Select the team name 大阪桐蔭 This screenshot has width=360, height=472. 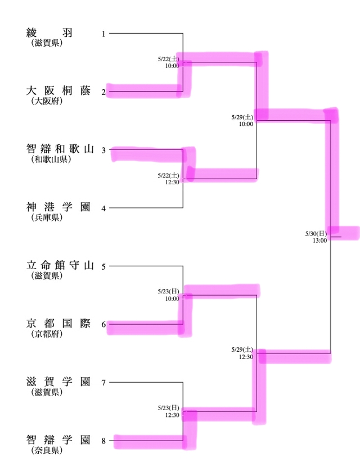pyautogui.click(x=58, y=91)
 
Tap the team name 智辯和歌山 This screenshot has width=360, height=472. pyautogui.click(x=60, y=149)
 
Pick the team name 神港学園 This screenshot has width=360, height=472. pyautogui.click(x=58, y=207)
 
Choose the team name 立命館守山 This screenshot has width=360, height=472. pyautogui.click(x=60, y=266)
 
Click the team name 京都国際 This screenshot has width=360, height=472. pyautogui.click(x=58, y=324)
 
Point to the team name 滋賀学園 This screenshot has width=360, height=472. pyautogui.click(x=58, y=383)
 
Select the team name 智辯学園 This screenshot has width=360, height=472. pyautogui.click(x=58, y=441)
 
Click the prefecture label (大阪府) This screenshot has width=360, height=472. pyautogui.click(x=47, y=102)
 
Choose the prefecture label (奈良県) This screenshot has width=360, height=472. pyautogui.click(x=47, y=451)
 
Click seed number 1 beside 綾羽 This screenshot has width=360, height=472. pyautogui.click(x=103, y=34)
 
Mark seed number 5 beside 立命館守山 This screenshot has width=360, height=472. pyautogui.click(x=103, y=266)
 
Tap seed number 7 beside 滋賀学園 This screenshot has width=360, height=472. pyautogui.click(x=103, y=383)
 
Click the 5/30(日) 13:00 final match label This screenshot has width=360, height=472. pyautogui.click(x=316, y=237)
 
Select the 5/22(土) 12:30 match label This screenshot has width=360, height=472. pyautogui.click(x=169, y=179)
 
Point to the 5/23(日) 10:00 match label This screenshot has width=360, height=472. pyautogui.click(x=169, y=295)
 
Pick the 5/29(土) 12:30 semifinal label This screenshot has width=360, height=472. pyautogui.click(x=242, y=353)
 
